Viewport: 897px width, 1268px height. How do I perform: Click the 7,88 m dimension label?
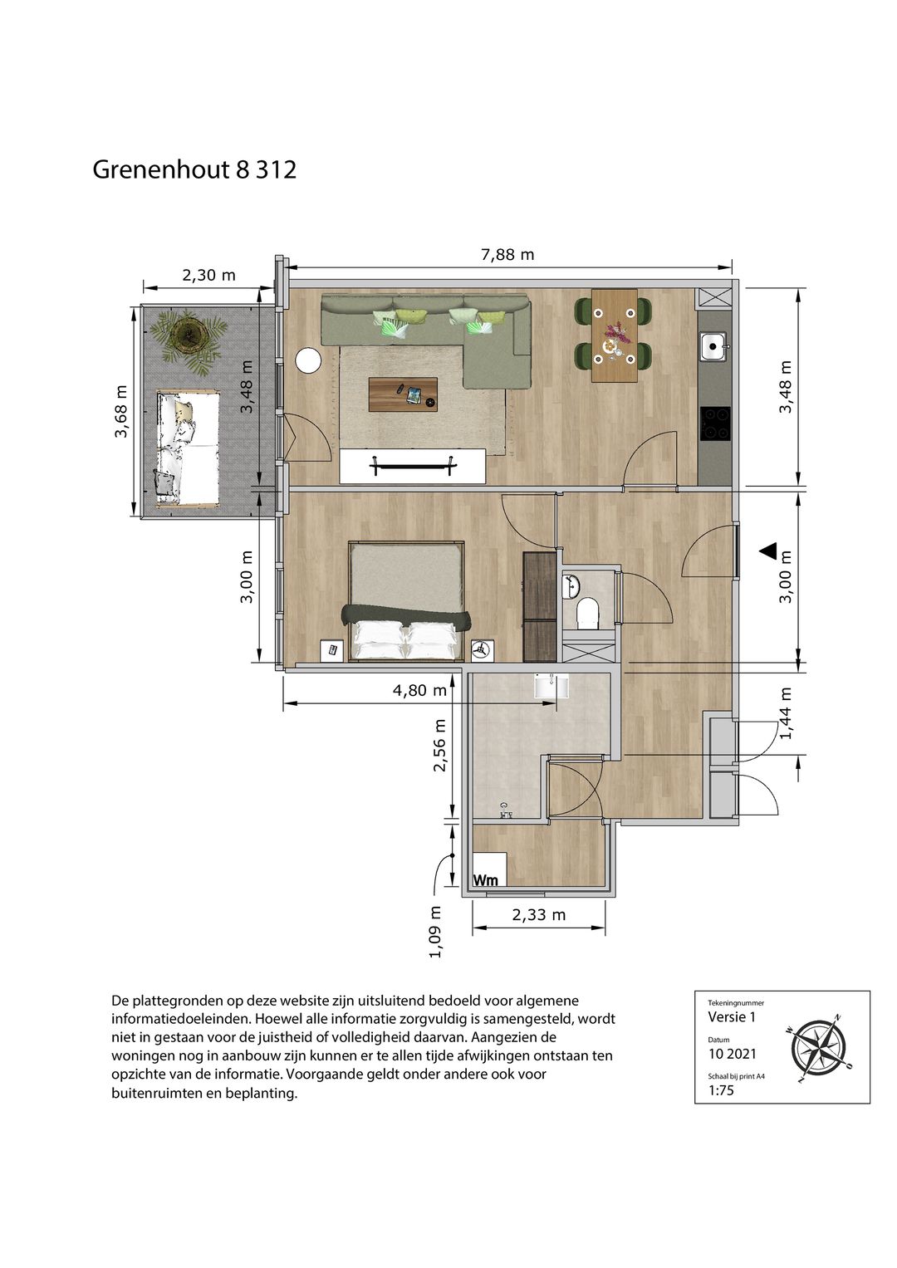pyautogui.click(x=507, y=255)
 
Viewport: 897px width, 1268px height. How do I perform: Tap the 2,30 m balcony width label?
pyautogui.click(x=208, y=276)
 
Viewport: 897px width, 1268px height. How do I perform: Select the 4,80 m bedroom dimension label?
pyautogui.click(x=419, y=690)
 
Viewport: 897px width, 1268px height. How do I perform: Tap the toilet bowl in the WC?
pyautogui.click(x=587, y=614)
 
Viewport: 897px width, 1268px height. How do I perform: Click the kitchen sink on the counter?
pyautogui.click(x=714, y=346)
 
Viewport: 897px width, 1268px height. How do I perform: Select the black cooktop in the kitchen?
pyautogui.click(x=715, y=423)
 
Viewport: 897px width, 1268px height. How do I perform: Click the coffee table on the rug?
pyautogui.click(x=403, y=394)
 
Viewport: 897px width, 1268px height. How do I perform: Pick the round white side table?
pyautogui.click(x=309, y=360)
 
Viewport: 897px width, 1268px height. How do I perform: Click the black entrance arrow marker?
pyautogui.click(x=768, y=551)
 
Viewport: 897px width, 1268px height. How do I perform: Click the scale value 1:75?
pyautogui.click(x=721, y=1089)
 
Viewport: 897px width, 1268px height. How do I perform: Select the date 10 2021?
pyautogui.click(x=733, y=1054)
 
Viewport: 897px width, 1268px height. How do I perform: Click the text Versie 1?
pyautogui.click(x=732, y=1016)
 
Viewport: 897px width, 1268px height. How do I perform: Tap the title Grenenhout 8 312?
pyautogui.click(x=194, y=169)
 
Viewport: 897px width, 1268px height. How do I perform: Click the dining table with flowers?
pyautogui.click(x=614, y=335)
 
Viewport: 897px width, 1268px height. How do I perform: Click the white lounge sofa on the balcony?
pyautogui.click(x=187, y=448)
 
